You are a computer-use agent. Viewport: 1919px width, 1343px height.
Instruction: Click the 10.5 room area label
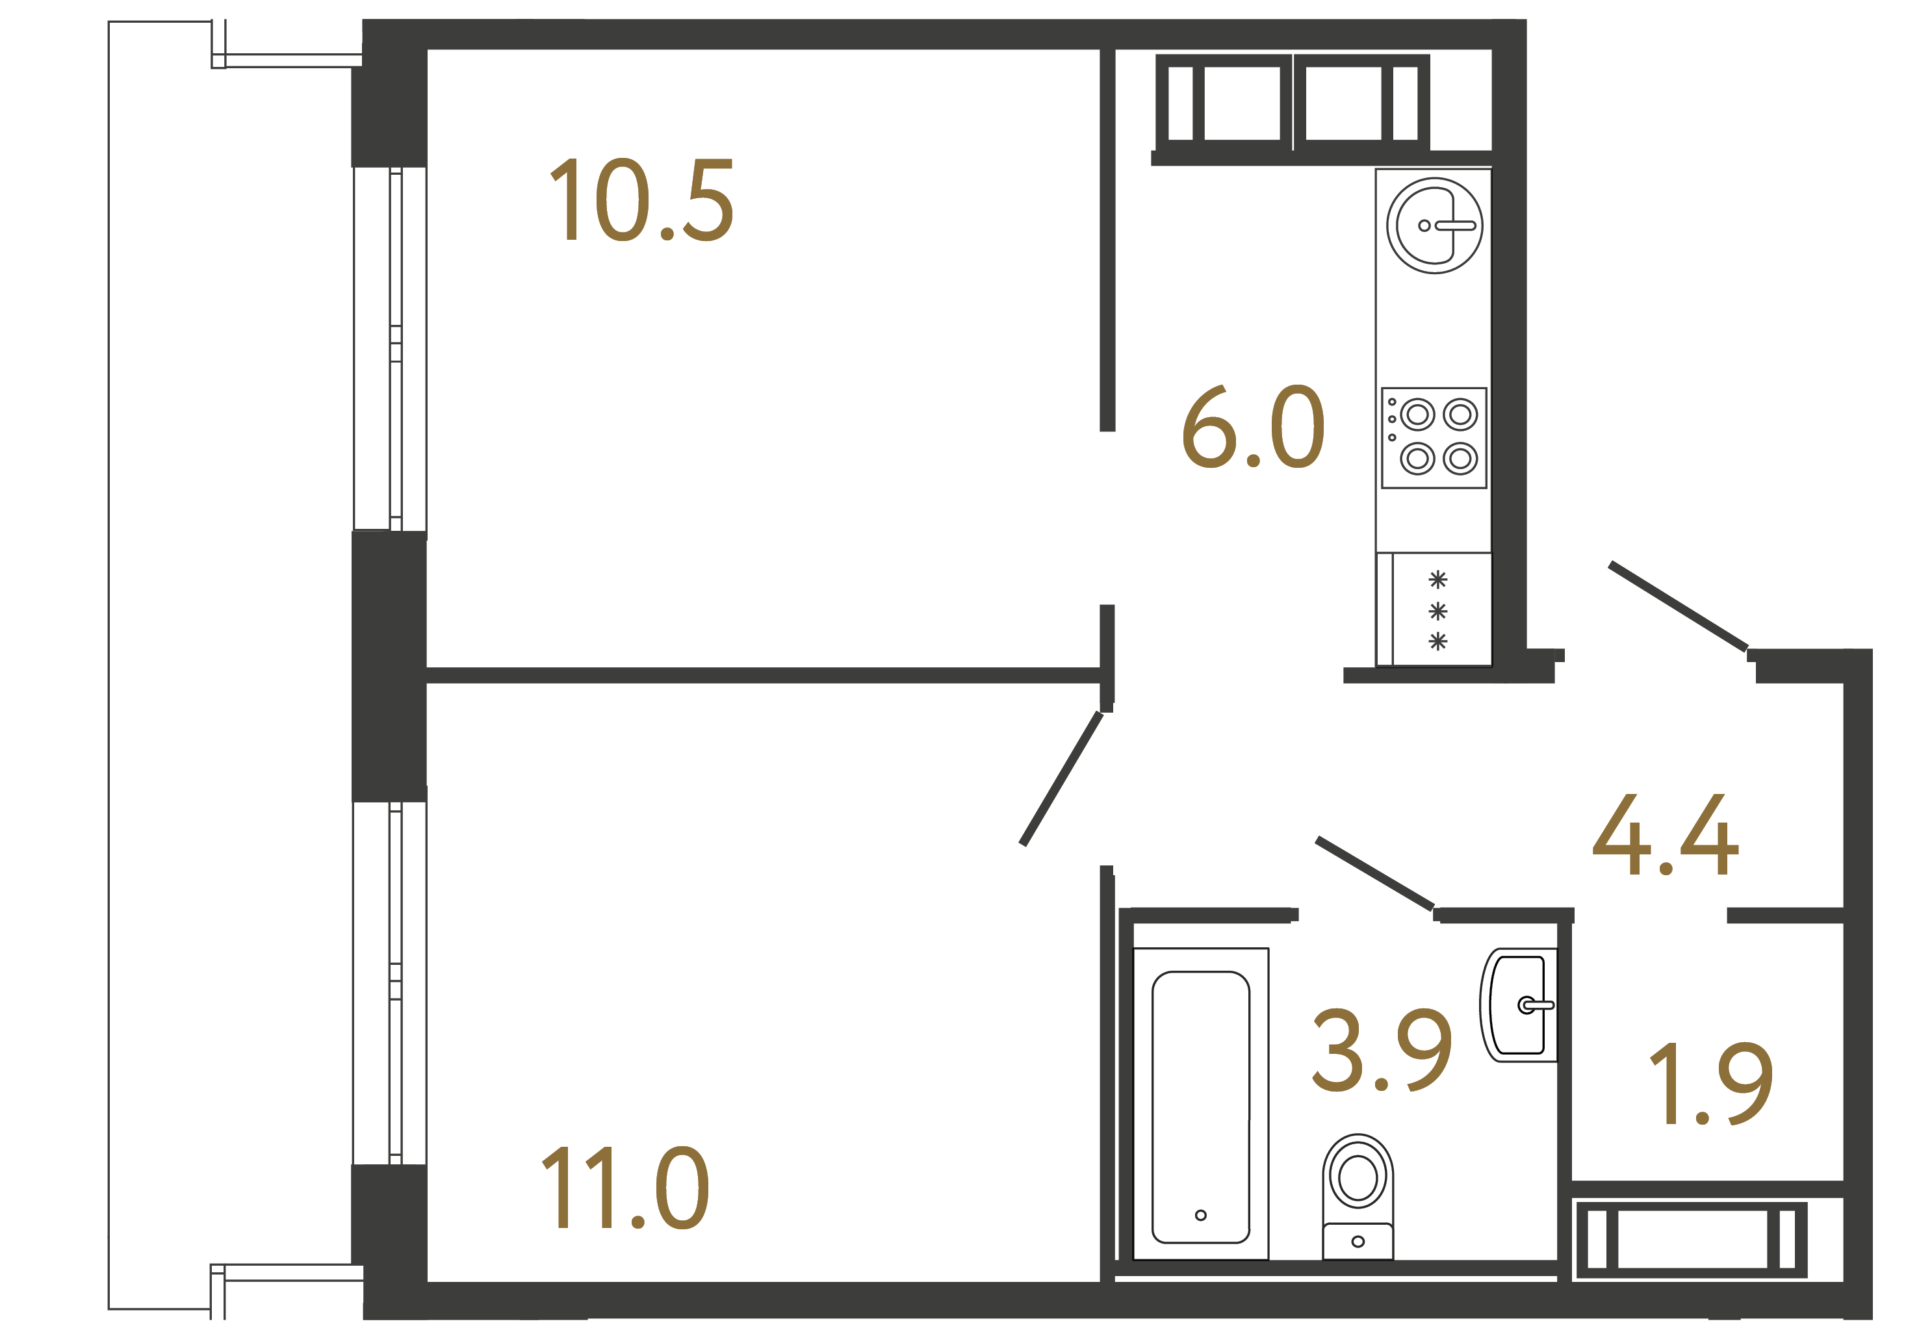pos(641,201)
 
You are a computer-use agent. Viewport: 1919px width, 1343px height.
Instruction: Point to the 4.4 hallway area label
pos(1665,836)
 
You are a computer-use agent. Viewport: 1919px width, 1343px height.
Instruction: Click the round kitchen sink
pos(1434,225)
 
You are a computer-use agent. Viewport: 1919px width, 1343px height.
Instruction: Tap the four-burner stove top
pos(1434,437)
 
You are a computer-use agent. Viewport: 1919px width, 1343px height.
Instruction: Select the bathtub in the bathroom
pos(1200,1106)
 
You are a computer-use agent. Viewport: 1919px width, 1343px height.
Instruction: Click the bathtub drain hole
pos(1200,1215)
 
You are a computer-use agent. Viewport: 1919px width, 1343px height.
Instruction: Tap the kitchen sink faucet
pos(1454,225)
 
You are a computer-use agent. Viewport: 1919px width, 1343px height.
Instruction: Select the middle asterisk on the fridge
pos(1437,612)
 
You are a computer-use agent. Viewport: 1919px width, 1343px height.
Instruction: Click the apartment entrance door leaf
pos(1677,606)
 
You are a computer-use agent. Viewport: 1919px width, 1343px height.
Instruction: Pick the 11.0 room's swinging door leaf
pos(1061,779)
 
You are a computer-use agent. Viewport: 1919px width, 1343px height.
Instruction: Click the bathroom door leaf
pos(1375,873)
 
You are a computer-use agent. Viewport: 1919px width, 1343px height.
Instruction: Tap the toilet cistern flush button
pos(1358,1242)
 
